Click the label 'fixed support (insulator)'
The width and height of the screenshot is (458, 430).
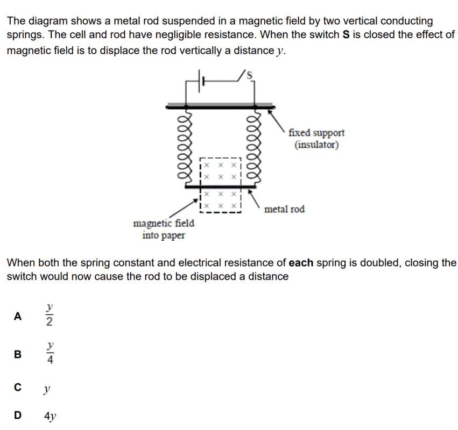pos(316,139)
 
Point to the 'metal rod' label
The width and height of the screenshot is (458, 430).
pos(285,209)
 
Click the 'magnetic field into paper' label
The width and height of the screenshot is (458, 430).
pos(164,229)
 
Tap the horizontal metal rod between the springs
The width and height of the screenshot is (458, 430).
pos(221,187)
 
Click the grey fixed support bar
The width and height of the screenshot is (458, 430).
pos(221,105)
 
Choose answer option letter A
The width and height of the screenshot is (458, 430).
pos(18,316)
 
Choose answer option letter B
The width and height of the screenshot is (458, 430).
pos(18,354)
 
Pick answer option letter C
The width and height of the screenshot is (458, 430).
pos(18,388)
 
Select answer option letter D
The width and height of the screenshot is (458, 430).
pos(18,415)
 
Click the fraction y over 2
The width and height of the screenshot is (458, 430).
pos(50,315)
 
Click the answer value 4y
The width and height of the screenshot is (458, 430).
pos(51,415)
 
